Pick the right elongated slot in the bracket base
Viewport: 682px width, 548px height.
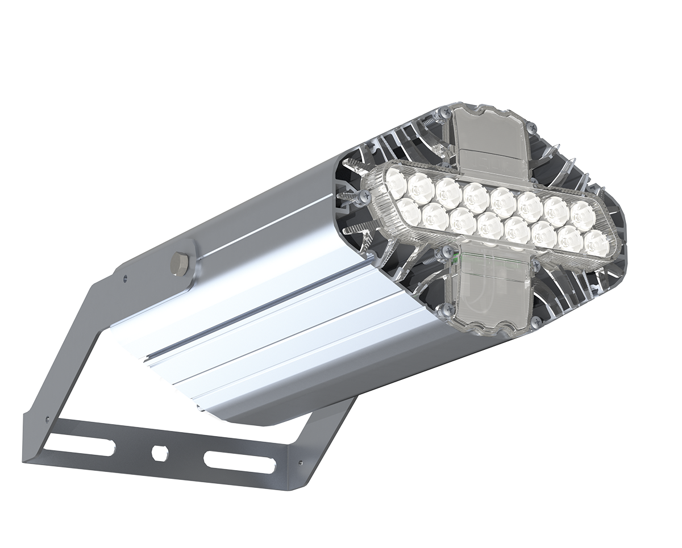[x=239, y=463]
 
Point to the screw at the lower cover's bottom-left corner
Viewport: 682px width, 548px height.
[x=448, y=309]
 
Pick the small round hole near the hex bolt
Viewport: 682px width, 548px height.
[x=126, y=279]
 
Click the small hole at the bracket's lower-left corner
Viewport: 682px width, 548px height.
[x=47, y=421]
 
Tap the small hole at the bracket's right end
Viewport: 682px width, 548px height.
[x=300, y=462]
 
